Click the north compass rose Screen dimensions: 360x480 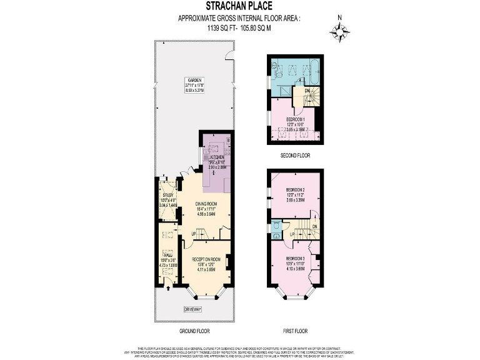340,31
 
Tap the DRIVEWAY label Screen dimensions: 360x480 192,309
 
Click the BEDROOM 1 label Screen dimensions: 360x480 295,119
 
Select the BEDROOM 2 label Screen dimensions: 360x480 295,189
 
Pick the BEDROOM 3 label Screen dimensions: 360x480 295,258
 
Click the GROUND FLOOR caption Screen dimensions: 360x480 192,332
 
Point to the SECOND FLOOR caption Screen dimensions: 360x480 294,155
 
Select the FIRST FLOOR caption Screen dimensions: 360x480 294,332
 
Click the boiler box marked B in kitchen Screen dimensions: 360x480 228,139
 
